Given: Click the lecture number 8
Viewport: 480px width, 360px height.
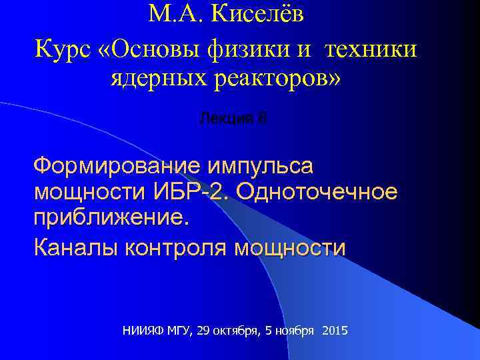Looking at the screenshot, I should [x=262, y=119].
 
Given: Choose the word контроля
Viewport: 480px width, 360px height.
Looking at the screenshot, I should [x=175, y=248].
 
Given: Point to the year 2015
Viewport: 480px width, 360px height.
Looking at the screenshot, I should [x=334, y=331].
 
